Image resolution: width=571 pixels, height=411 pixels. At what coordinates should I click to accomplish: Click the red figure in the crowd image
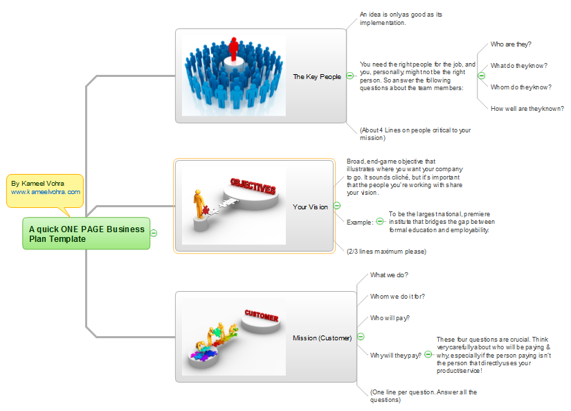(x=233, y=49)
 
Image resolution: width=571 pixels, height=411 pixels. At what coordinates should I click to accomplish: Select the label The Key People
(x=316, y=77)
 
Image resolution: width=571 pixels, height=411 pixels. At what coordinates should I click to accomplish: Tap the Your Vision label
(x=310, y=207)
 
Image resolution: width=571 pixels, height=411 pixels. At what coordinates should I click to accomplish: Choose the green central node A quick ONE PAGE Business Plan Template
(x=87, y=234)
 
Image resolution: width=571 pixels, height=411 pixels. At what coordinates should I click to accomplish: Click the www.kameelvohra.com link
(x=46, y=192)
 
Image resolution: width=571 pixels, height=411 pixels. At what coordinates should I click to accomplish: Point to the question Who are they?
(x=510, y=44)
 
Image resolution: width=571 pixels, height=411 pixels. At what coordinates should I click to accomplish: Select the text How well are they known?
(x=527, y=108)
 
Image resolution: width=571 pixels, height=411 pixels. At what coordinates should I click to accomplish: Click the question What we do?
(x=390, y=275)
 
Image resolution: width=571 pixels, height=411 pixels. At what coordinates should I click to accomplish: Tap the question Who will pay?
(x=390, y=319)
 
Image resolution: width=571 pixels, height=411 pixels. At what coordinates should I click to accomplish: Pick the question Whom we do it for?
(x=397, y=297)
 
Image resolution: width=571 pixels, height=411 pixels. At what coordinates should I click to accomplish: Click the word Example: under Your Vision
(x=359, y=222)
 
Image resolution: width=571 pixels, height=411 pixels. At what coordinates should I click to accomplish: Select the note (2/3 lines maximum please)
(x=386, y=251)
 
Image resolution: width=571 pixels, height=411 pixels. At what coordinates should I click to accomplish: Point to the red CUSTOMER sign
(x=261, y=317)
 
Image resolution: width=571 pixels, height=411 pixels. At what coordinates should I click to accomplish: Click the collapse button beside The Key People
(x=350, y=76)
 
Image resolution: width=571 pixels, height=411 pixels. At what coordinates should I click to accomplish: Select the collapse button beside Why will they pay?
(x=428, y=354)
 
